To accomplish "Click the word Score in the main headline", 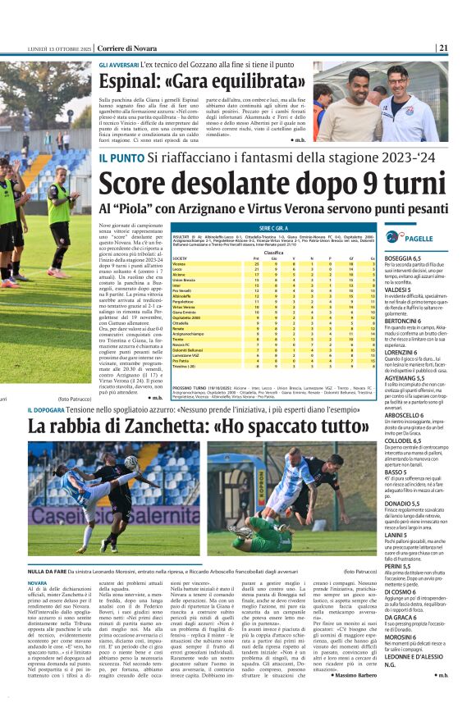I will pos(140,185).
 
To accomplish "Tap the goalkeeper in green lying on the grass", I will pos(265,535).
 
